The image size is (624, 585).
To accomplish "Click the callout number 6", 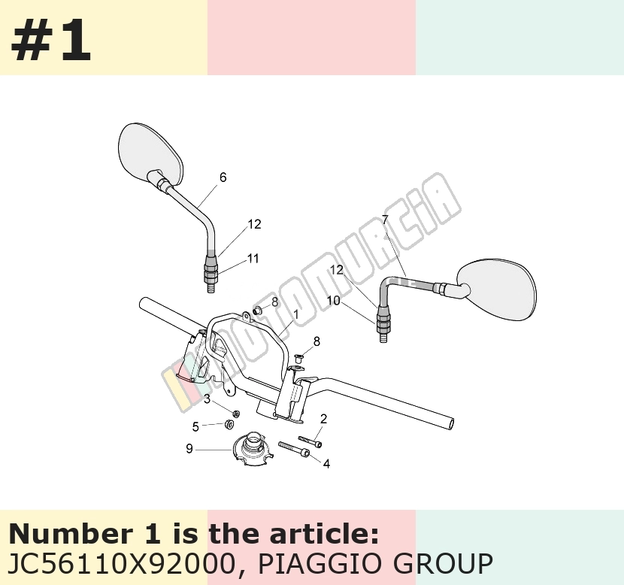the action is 223,177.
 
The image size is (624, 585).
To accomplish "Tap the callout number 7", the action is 385,220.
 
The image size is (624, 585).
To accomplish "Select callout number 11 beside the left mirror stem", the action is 253,259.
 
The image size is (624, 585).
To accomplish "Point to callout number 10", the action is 334,301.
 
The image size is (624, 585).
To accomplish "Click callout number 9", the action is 189,448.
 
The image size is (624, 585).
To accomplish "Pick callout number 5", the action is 195,426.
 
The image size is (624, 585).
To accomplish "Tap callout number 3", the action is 207,399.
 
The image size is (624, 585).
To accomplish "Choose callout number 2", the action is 323,419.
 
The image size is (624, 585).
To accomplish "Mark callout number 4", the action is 326,464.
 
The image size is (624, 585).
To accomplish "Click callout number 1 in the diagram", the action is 295,315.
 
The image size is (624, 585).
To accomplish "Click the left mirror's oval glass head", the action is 151,154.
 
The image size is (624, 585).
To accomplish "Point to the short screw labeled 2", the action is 310,441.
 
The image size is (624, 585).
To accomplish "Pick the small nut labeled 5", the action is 229,424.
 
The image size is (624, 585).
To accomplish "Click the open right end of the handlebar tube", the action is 451,423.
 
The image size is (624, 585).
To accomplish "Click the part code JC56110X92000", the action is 121,563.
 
